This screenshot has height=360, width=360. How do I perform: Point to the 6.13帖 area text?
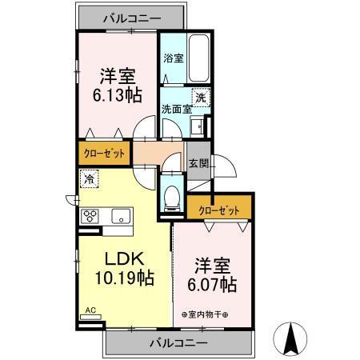pos(117,94)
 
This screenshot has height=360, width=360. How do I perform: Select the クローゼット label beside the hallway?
pos(104,151)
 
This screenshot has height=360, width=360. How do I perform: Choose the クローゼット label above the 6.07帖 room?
pos(219,209)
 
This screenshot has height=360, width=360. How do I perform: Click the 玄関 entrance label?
pos(198,162)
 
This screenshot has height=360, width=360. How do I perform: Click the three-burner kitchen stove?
pos(90,215)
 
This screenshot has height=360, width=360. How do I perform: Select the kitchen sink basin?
pos(120,215)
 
